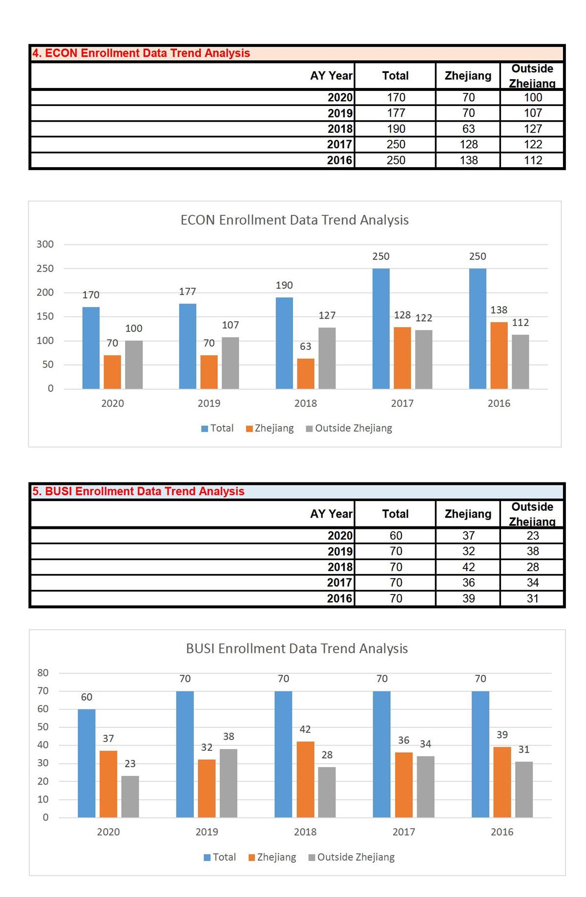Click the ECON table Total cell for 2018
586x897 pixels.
coord(396,129)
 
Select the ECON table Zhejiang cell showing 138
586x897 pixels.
coord(468,160)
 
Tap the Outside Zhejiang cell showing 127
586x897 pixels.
coord(532,129)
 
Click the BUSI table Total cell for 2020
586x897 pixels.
coord(396,535)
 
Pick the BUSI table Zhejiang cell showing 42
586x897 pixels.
coord(468,567)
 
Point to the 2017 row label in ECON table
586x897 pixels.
coord(339,144)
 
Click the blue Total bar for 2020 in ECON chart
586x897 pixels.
coord(91,348)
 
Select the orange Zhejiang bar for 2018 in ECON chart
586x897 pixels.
coord(306,373)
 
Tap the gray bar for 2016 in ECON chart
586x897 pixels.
coord(520,361)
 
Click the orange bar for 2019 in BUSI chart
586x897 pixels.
coord(207,788)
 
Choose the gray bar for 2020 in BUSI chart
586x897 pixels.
coord(130,796)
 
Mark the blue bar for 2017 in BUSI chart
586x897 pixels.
coord(381,754)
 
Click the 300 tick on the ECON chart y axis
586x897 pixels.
coord(45,244)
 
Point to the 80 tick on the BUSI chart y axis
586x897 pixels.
coord(43,673)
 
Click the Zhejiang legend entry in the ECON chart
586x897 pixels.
coord(270,428)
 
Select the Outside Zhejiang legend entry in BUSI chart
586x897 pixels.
coord(352,857)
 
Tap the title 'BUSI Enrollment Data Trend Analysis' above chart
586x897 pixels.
coord(297,649)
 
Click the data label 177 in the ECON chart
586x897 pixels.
coord(188,292)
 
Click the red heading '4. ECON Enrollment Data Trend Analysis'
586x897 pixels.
coord(141,53)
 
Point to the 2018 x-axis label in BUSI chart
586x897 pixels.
coord(305,831)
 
